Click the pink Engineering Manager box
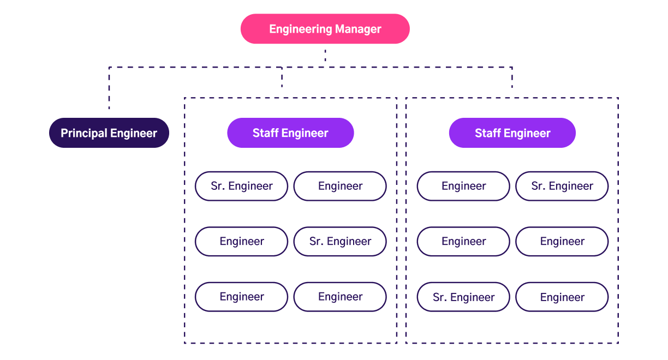pyautogui.click(x=325, y=29)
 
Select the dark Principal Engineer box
pyautogui.click(x=109, y=133)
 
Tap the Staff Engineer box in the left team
pyautogui.click(x=290, y=133)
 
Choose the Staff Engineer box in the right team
pyautogui.click(x=512, y=133)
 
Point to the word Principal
pyautogui.click(x=84, y=133)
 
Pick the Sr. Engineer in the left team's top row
pyautogui.click(x=241, y=186)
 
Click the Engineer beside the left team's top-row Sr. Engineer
pyautogui.click(x=340, y=186)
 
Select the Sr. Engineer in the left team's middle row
pyautogui.click(x=340, y=242)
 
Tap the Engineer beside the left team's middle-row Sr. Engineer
pyautogui.click(x=241, y=242)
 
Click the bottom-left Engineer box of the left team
pyautogui.click(x=241, y=297)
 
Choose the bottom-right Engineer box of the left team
pyautogui.click(x=340, y=297)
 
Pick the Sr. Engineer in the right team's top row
pyautogui.click(x=562, y=186)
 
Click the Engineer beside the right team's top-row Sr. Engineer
pyautogui.click(x=463, y=186)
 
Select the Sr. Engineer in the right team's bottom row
pyautogui.click(x=463, y=297)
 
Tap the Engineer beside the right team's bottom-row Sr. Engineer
pyautogui.click(x=562, y=297)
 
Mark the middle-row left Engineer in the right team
pyautogui.click(x=463, y=242)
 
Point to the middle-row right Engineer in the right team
pyautogui.click(x=562, y=242)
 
